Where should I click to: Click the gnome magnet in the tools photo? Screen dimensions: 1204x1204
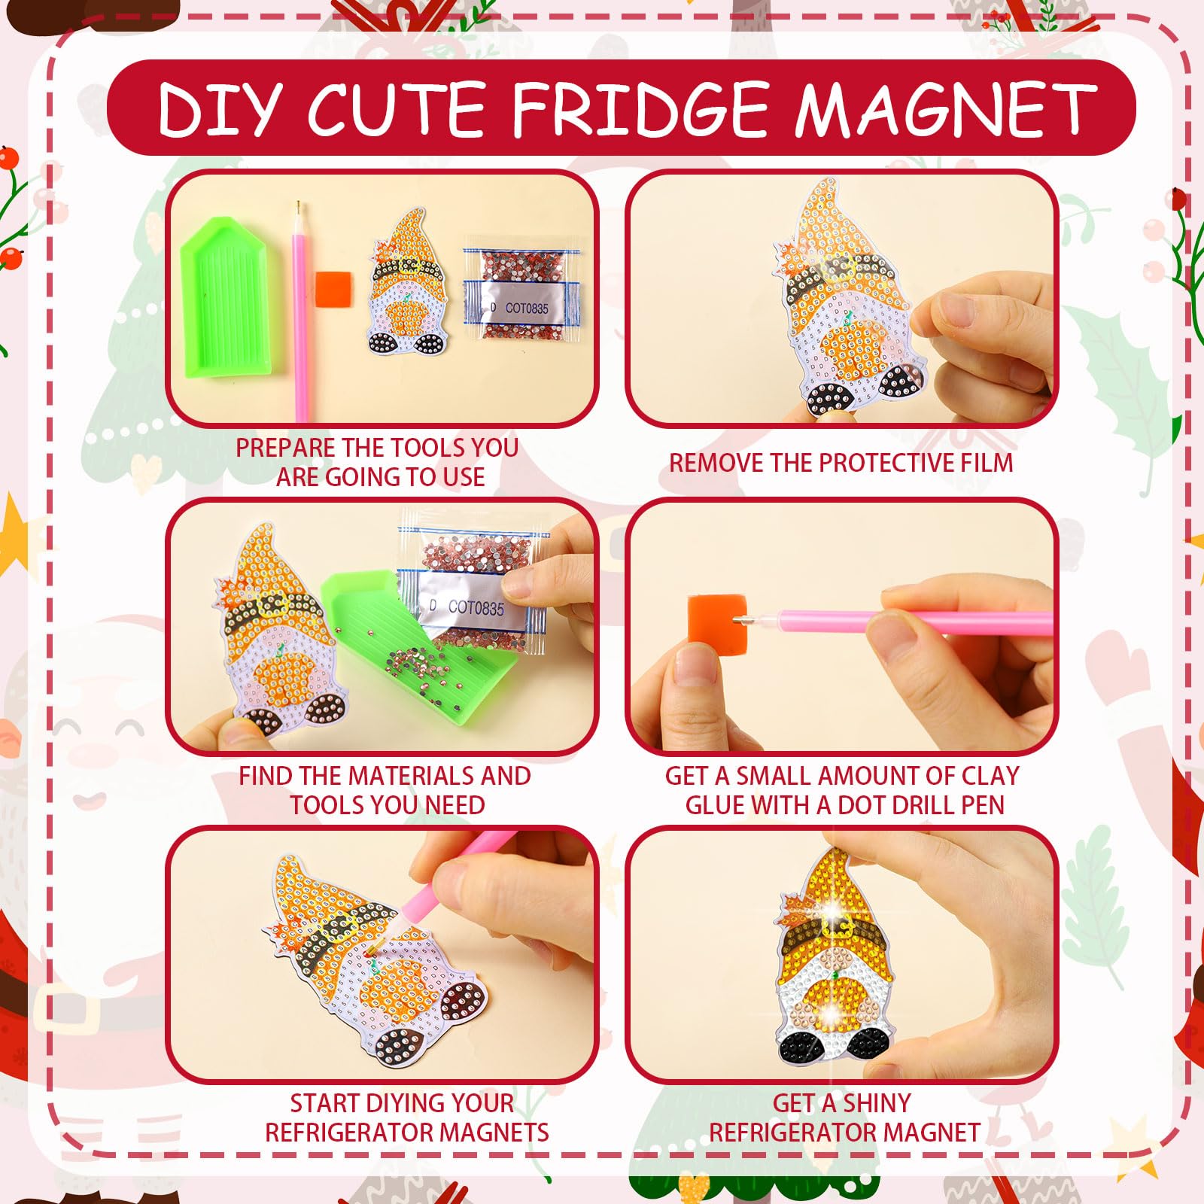click(x=409, y=282)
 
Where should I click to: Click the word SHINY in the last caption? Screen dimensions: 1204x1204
click(x=877, y=1103)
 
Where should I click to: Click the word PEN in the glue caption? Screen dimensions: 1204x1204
click(x=981, y=805)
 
